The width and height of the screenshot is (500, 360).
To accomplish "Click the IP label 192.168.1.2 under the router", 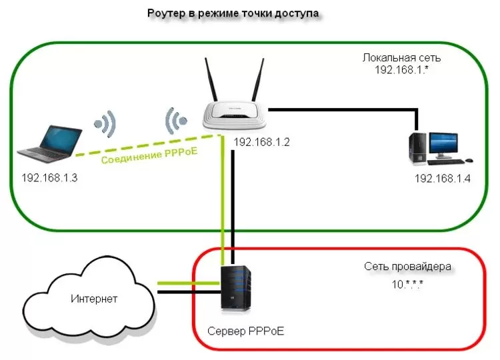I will [261, 142].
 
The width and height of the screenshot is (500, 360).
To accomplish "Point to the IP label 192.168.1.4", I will [443, 178].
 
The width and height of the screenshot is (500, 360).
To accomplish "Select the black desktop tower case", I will [419, 147].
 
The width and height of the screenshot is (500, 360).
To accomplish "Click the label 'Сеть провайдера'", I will [407, 267].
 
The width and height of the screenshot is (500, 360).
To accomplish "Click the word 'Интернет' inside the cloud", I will [94, 298].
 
